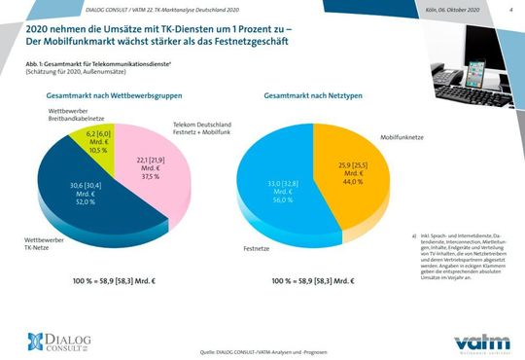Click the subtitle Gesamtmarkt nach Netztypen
click(x=310, y=97)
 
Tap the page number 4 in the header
click(x=510, y=10)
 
